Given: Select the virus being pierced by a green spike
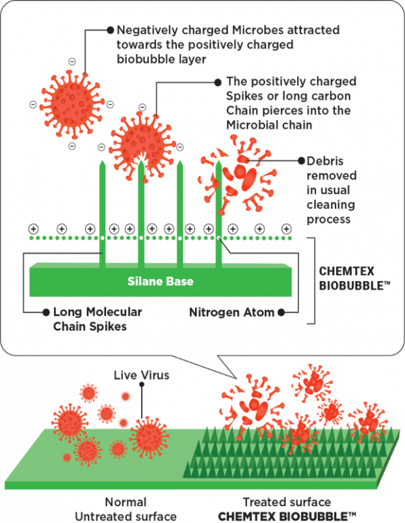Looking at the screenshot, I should [140, 136].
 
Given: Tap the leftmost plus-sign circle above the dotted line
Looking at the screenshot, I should [32, 228].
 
